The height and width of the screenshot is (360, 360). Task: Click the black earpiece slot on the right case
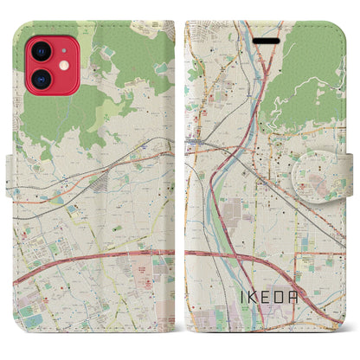267,39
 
